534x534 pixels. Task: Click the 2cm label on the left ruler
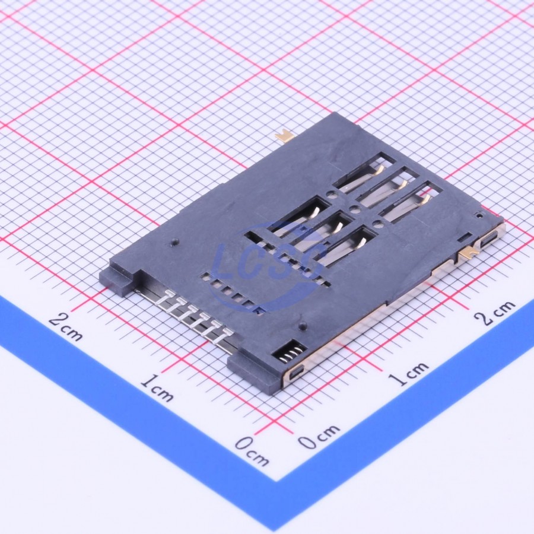point(66,326)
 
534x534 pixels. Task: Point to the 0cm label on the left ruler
point(252,450)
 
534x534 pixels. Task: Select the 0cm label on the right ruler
point(319,436)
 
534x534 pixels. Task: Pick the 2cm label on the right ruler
point(495,312)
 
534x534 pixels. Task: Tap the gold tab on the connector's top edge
point(285,136)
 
